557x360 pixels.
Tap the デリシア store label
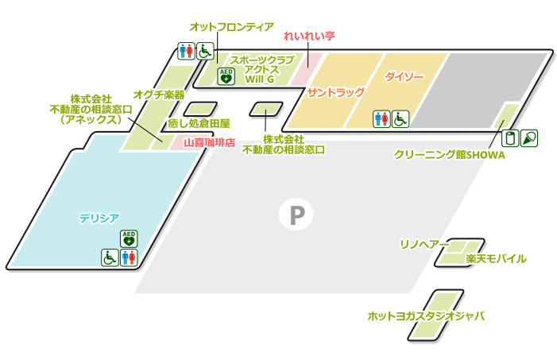99,217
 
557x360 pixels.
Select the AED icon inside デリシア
129,238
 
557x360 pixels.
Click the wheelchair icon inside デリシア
110,257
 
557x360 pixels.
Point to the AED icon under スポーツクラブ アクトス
226,76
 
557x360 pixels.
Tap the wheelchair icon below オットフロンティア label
205,52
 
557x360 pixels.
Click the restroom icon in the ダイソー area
381,118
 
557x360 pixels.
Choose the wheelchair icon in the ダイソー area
400,118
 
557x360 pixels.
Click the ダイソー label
404,77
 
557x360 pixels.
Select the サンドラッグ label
336,92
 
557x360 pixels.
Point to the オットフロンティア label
232,27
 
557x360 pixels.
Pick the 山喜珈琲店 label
209,143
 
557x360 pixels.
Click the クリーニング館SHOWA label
449,155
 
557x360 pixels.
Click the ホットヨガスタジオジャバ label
426,315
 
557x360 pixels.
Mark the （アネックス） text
91,120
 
